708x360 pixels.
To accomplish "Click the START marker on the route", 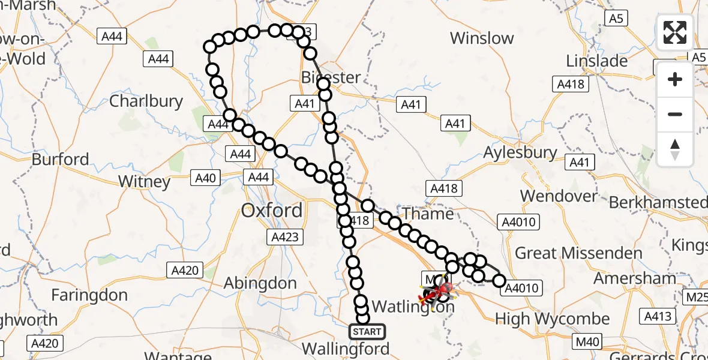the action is pyautogui.click(x=367, y=331).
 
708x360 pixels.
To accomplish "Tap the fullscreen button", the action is pyautogui.click(x=675, y=32).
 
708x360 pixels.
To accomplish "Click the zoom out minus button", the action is pyautogui.click(x=675, y=114).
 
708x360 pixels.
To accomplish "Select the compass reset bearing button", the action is pyautogui.click(x=675, y=149).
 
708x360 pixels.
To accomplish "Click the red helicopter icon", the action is pyautogui.click(x=439, y=293).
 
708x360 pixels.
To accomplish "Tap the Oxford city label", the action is pyautogui.click(x=271, y=211).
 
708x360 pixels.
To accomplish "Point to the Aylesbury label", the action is pyautogui.click(x=520, y=152).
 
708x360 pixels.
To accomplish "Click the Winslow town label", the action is pyautogui.click(x=482, y=38).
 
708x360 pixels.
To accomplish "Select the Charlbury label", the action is pyautogui.click(x=146, y=101).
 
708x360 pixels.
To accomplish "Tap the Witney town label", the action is pyautogui.click(x=144, y=181).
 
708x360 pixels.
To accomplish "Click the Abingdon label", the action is pyautogui.click(x=260, y=283).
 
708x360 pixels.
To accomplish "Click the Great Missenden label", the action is pyautogui.click(x=578, y=253).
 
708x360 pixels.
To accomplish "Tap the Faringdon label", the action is pyautogui.click(x=89, y=295).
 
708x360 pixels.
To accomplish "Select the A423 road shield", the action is pyautogui.click(x=284, y=237).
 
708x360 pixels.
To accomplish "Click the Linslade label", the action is pyautogui.click(x=596, y=61).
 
